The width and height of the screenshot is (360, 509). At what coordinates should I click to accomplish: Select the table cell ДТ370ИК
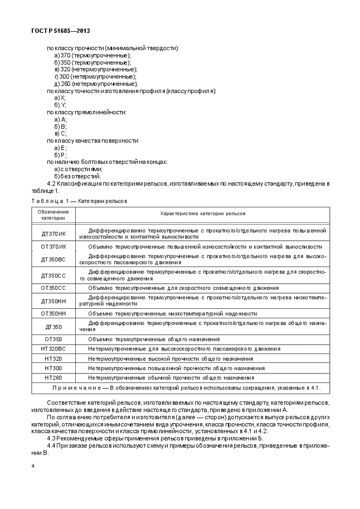pos(53,232)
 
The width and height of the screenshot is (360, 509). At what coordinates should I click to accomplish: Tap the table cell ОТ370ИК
pos(53,246)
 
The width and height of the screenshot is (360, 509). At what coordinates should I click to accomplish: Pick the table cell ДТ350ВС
pos(53,259)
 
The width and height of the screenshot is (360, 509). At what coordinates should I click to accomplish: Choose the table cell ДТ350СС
pos(53,275)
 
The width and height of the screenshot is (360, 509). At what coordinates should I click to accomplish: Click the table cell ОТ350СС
pos(53,288)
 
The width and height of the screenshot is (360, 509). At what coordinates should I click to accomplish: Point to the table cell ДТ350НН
pos(53,301)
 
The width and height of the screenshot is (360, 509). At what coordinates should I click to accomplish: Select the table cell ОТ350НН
pos(53,314)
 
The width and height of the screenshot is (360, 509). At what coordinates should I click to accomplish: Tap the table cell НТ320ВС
pos(53,348)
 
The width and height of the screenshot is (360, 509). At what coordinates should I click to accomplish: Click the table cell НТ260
pos(53,377)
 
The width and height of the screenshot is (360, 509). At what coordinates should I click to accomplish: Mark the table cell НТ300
pos(53,368)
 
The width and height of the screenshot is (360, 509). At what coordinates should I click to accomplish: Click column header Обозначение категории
pos(53,215)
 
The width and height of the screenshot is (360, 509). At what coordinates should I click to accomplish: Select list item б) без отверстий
pos(77,176)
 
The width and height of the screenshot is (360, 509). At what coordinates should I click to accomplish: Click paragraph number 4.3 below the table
pos(52,438)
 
